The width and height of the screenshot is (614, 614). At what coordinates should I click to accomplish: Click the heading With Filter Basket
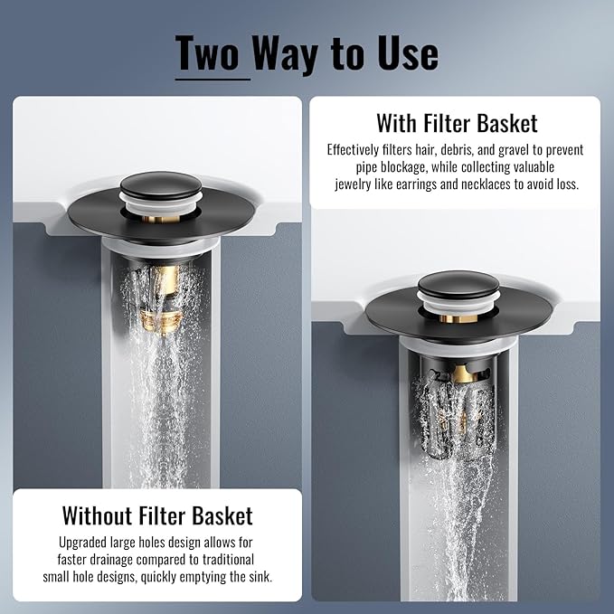point(457,123)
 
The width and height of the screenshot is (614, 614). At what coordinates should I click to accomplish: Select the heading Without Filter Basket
point(157,516)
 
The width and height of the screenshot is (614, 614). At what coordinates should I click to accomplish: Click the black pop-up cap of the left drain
point(160,184)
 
